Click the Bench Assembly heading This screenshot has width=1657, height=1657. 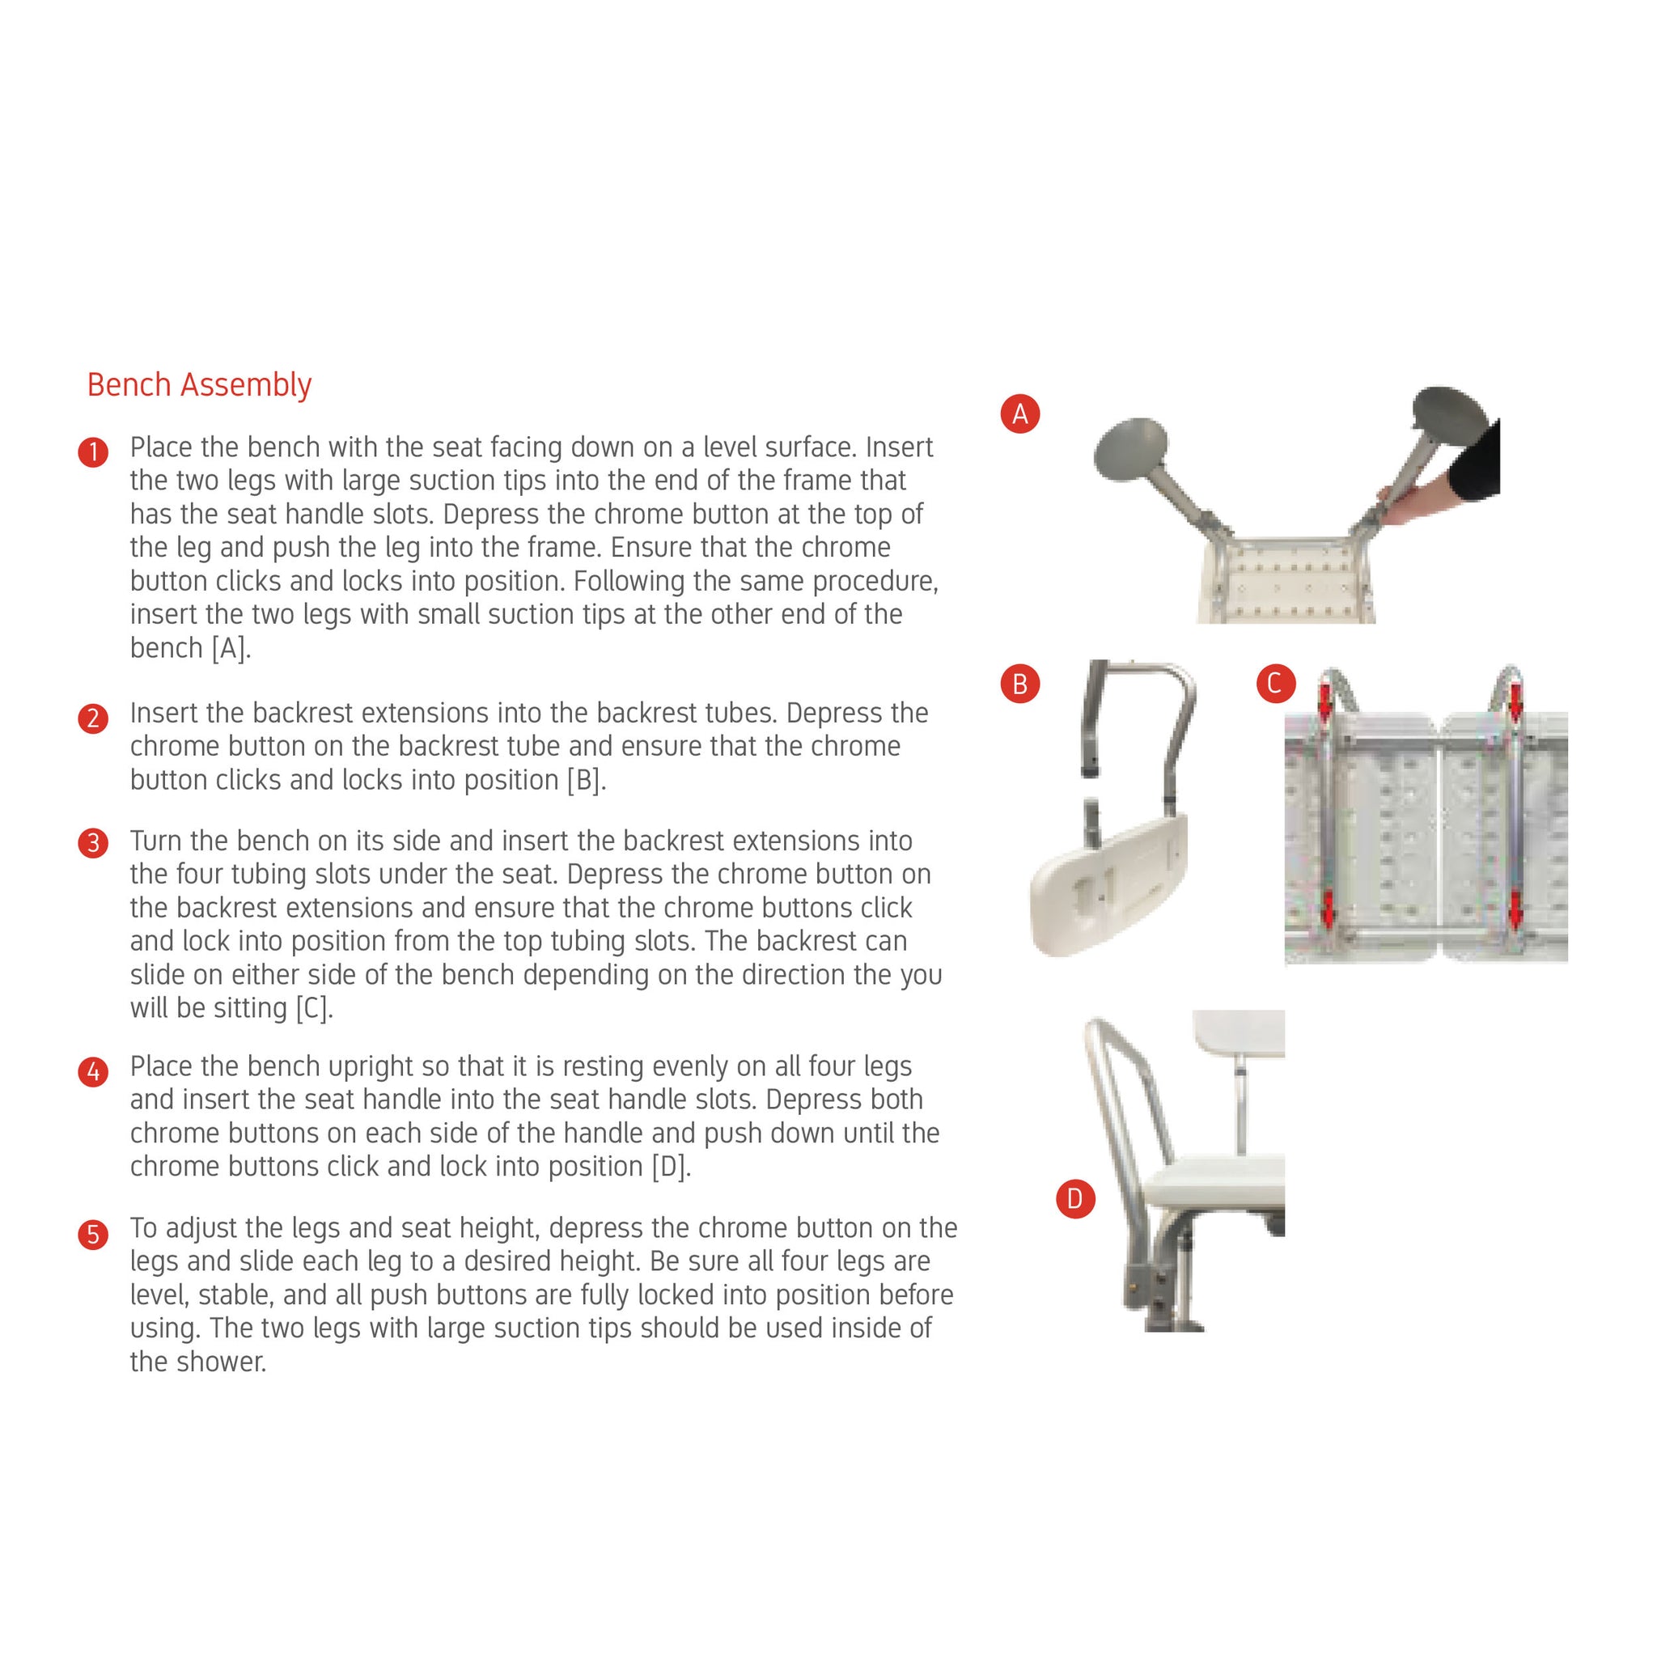199,385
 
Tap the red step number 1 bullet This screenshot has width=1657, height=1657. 92,452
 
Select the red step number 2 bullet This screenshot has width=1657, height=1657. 92,718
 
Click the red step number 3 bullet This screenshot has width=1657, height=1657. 92,843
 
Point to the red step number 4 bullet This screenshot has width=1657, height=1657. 92,1071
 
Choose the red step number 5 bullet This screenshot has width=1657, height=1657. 92,1234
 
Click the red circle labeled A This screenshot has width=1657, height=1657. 1019,414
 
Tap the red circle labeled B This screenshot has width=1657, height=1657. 1019,684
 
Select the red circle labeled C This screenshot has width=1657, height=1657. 1275,684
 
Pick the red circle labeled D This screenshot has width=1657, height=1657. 1074,1198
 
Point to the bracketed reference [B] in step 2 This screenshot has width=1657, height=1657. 587,781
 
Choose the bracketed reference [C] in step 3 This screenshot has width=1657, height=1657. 314,1009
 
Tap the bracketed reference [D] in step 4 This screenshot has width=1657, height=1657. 672,1168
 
